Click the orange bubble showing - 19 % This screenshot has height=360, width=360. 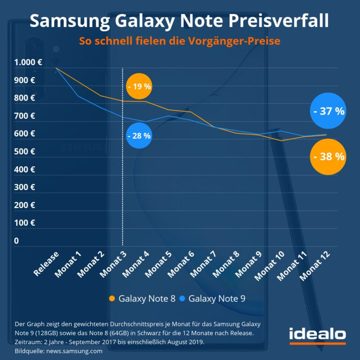139,86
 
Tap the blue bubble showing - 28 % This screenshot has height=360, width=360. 139,135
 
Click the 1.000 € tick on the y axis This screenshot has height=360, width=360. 28,63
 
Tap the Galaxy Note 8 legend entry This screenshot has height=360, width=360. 142,298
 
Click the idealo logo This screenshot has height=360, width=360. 317,335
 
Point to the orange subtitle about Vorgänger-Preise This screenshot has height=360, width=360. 180,41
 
